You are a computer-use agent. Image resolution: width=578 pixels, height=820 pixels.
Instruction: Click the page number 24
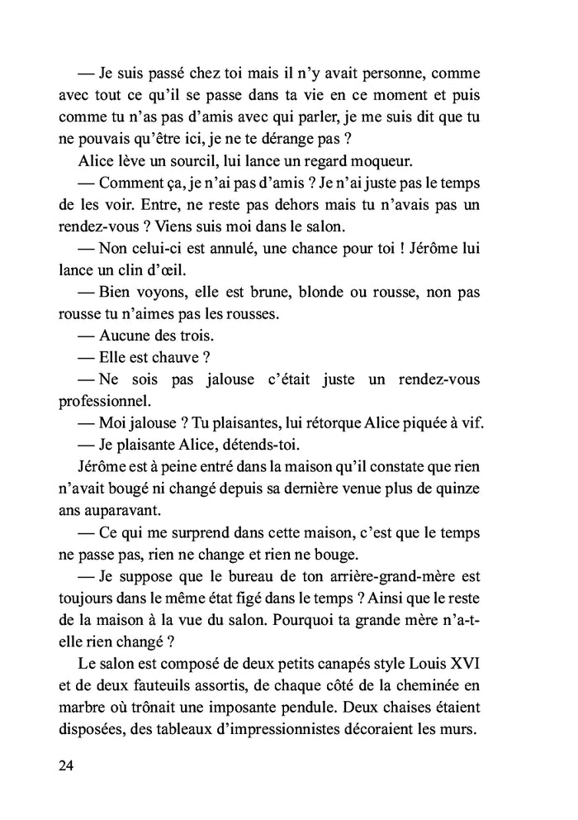[x=67, y=765]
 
